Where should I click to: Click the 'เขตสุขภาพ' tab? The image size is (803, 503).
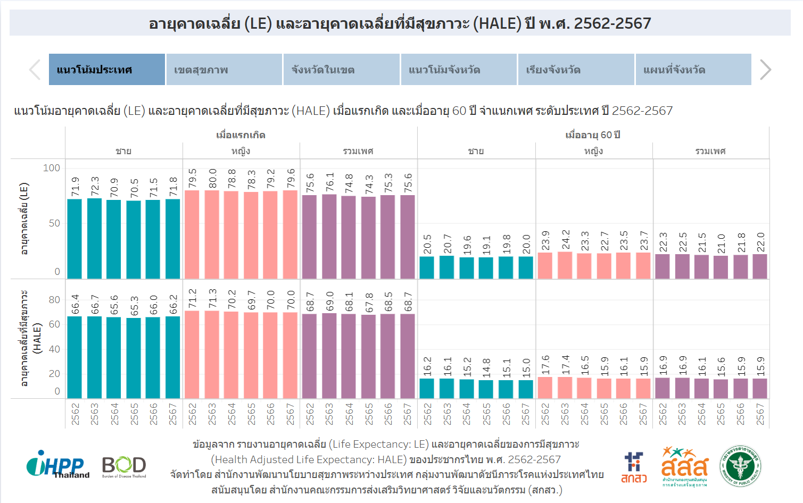point(223,70)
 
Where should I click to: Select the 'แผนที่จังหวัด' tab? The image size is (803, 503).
point(693,70)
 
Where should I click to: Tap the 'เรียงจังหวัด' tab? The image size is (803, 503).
point(576,70)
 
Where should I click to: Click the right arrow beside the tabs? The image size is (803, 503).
point(765,70)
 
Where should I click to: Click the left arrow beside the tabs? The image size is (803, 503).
point(35,70)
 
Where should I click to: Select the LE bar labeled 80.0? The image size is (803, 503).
point(212,234)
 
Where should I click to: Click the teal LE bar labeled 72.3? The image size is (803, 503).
point(94,238)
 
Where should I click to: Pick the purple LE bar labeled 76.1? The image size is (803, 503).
point(329,236)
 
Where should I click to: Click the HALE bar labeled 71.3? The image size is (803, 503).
point(212,354)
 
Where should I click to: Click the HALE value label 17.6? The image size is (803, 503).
point(545,365)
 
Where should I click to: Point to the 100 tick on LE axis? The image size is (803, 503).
point(52,168)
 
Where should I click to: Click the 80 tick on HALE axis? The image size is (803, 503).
point(54,300)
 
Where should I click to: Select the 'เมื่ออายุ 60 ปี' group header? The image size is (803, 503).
point(593,135)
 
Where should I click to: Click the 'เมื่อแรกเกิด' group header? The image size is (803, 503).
point(241,135)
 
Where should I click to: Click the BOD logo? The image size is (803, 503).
point(124,466)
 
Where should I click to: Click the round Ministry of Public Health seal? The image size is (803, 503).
point(740,466)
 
